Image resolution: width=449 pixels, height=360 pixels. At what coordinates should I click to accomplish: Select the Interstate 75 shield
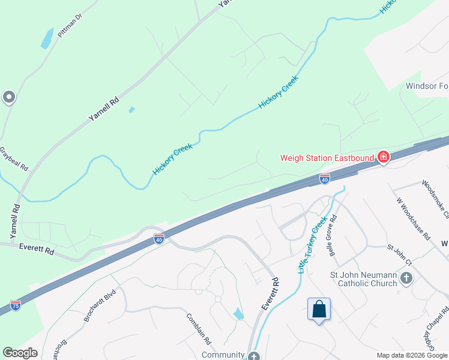click(16, 305)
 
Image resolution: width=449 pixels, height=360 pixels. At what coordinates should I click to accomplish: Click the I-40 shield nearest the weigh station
click(324, 178)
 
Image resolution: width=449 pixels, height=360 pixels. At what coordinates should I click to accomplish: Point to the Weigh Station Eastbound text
click(328, 158)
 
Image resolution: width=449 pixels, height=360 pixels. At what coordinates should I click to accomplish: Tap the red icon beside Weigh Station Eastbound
click(383, 158)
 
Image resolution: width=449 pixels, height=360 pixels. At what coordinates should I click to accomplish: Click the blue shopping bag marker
click(319, 310)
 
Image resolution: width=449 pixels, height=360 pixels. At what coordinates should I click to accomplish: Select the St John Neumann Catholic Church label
click(364, 279)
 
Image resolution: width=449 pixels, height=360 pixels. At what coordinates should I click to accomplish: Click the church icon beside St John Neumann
click(406, 278)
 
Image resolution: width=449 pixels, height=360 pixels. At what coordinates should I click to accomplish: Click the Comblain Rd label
click(199, 328)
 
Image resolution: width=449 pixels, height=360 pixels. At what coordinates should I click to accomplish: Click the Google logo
click(20, 353)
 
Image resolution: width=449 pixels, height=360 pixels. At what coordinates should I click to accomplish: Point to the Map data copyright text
click(412, 355)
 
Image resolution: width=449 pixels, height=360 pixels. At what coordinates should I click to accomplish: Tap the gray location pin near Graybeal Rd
click(8, 97)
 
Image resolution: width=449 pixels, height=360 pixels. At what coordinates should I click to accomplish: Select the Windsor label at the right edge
click(427, 86)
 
